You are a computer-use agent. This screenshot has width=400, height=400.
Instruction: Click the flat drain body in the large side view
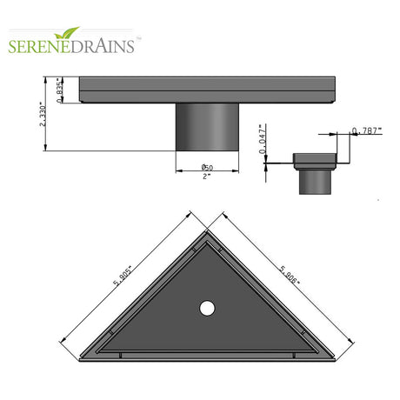click(209, 90)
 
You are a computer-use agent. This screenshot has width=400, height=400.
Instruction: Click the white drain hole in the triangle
click(207, 307)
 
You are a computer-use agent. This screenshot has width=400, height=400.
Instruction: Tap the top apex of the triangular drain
click(207, 233)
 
